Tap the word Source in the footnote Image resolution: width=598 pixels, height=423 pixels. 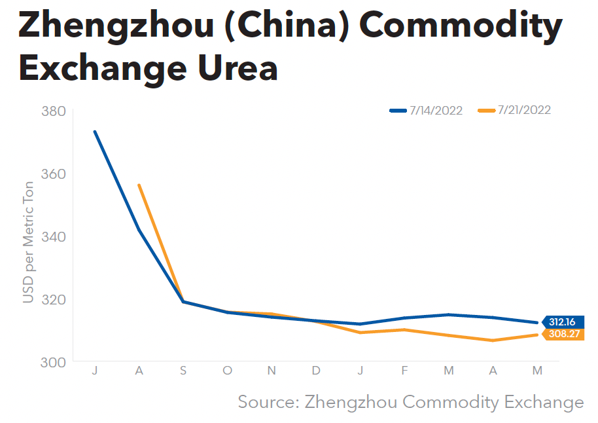[x=267, y=401]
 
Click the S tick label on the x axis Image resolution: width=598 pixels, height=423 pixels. [x=183, y=371]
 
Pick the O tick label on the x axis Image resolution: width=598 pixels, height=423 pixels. [x=227, y=371]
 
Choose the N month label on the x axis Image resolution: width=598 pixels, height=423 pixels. [x=272, y=371]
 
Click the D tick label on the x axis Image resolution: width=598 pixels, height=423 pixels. [x=316, y=371]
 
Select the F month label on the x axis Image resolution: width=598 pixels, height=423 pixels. [x=404, y=371]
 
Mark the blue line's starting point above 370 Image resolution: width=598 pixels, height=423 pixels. [x=95, y=132]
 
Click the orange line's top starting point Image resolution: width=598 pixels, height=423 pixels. [x=139, y=185]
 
